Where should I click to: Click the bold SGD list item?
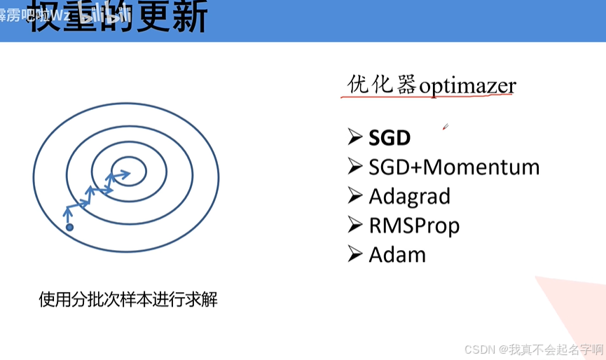pyautogui.click(x=389, y=137)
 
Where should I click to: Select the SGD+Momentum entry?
pyautogui.click(x=454, y=167)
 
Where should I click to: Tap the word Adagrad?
pyautogui.click(x=409, y=197)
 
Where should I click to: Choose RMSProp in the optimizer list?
pyautogui.click(x=414, y=226)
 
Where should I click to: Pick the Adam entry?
pyautogui.click(x=397, y=254)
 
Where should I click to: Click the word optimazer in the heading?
pyautogui.click(x=467, y=86)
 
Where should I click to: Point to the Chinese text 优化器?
pyautogui.click(x=382, y=85)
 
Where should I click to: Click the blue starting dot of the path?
pyautogui.click(x=69, y=227)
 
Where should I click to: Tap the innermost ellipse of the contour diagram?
pyautogui.click(x=128, y=170)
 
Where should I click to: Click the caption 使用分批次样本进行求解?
pyautogui.click(x=128, y=300)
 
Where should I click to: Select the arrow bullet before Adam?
pyautogui.click(x=354, y=254)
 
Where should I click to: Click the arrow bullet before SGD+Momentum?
pyautogui.click(x=354, y=167)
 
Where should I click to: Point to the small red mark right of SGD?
pyautogui.click(x=445, y=127)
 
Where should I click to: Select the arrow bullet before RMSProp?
pyautogui.click(x=354, y=225)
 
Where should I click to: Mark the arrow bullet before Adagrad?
pyautogui.click(x=354, y=196)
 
